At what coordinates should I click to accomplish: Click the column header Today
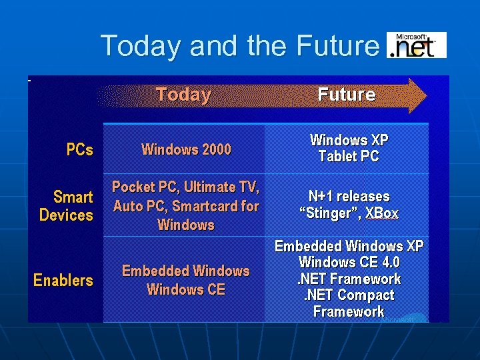click(183, 95)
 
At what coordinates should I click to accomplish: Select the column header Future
click(346, 95)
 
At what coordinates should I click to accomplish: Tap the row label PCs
click(80, 150)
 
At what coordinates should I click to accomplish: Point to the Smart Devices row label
click(67, 206)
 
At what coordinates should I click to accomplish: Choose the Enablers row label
click(63, 281)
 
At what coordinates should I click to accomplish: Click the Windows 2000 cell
click(186, 149)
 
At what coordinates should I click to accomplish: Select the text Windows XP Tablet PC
click(349, 149)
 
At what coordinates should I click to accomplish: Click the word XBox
click(382, 213)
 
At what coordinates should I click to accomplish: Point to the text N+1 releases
click(349, 197)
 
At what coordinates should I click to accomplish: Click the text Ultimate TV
click(221, 187)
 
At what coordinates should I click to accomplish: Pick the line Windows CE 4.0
click(349, 263)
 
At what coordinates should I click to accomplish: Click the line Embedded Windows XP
click(349, 246)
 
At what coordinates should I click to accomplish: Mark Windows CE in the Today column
click(186, 289)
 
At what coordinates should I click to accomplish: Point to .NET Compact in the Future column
click(349, 295)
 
